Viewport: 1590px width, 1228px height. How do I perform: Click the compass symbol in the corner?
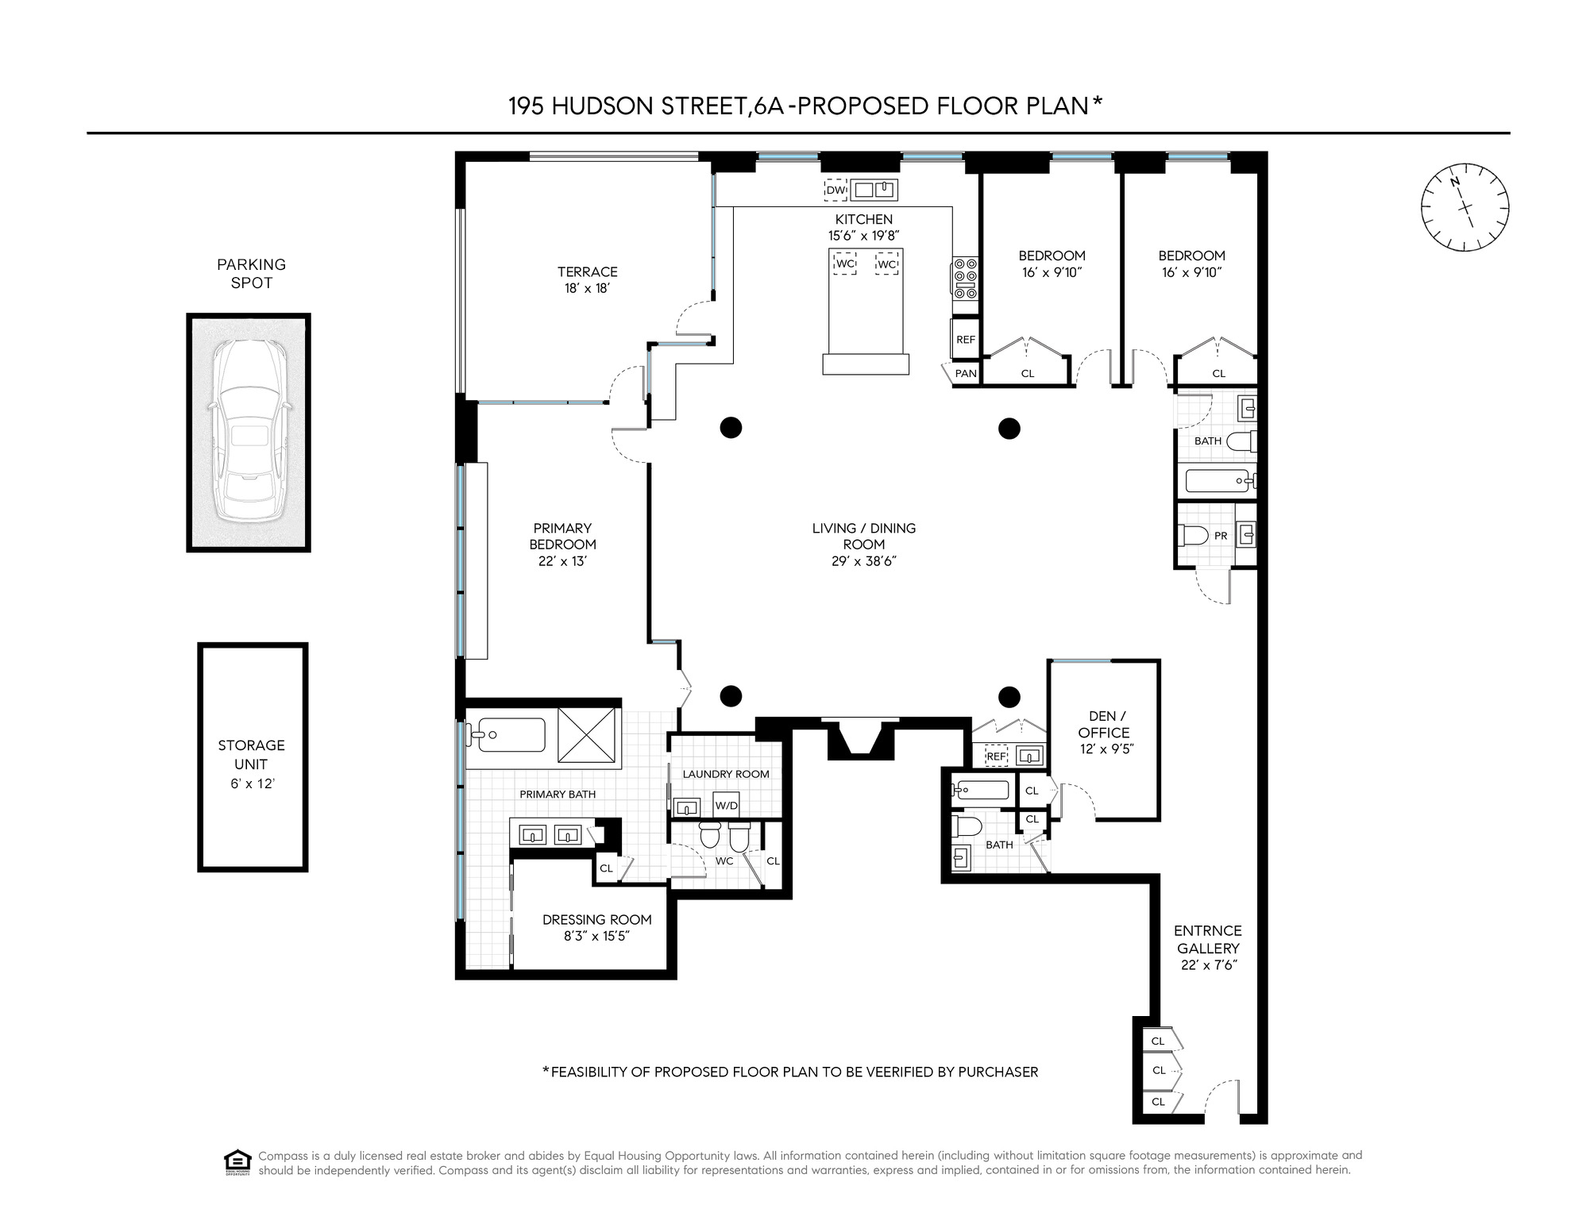pos(1465,208)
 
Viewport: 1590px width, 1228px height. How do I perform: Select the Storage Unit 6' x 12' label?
pos(252,764)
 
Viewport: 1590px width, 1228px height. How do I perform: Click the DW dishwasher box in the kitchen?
pos(836,190)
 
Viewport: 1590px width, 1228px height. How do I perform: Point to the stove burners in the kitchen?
pos(966,279)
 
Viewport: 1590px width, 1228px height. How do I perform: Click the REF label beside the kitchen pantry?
pos(965,339)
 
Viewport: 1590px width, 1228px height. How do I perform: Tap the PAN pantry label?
pos(965,373)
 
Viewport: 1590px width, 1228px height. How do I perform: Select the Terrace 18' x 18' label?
pos(587,279)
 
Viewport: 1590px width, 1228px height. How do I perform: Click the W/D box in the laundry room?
pos(726,805)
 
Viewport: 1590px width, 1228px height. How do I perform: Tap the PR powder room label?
pos(1221,536)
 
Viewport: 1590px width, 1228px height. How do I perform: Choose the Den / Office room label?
pos(1103,724)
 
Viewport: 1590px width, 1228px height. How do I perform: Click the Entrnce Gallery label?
pos(1208,939)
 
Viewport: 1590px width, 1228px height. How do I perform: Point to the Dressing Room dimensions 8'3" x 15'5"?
pos(596,937)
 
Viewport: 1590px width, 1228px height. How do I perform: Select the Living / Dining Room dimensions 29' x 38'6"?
pos(863,561)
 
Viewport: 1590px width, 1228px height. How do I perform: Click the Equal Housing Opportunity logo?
pos(237,1162)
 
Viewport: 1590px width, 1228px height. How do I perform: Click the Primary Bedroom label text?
pos(562,536)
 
